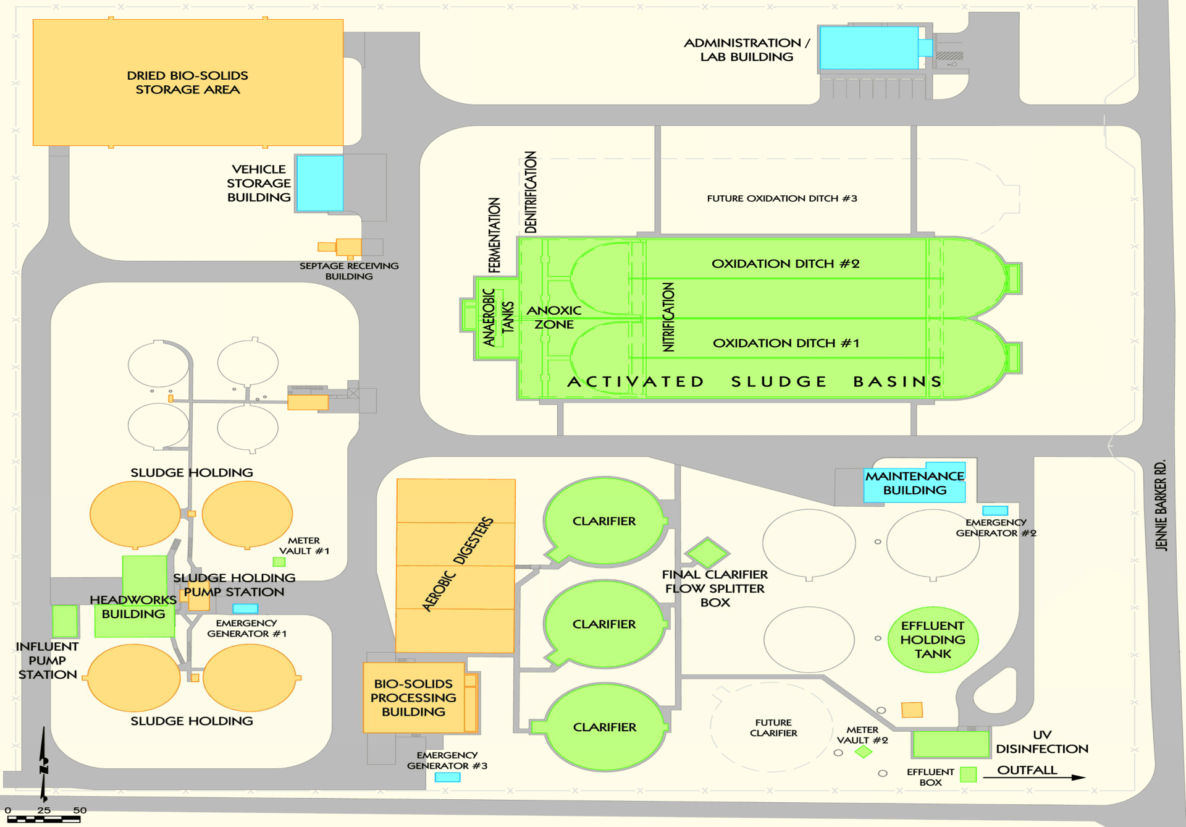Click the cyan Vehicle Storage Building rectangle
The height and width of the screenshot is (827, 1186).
click(x=319, y=183)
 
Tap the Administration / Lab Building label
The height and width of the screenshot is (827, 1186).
click(x=746, y=49)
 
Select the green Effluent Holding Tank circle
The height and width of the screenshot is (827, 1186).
click(x=932, y=639)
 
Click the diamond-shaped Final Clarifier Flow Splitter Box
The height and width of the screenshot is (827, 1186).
click(x=707, y=552)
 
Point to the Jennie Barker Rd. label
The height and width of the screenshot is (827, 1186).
click(x=1161, y=505)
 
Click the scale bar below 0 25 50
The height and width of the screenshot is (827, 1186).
click(x=43, y=820)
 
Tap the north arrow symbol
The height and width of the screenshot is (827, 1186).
click(x=44, y=766)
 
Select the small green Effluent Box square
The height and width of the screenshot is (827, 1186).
click(x=968, y=774)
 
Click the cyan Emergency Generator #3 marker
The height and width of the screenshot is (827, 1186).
click(x=447, y=778)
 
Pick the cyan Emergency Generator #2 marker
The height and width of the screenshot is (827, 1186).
click(x=995, y=511)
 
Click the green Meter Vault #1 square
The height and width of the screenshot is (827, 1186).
click(x=279, y=562)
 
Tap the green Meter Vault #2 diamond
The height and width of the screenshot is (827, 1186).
click(x=863, y=752)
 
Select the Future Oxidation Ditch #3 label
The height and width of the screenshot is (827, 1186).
click(x=781, y=198)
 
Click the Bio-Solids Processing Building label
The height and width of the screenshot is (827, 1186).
click(x=413, y=698)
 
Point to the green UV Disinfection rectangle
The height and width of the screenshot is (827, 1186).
click(x=951, y=744)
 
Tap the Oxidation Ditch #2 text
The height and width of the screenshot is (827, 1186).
click(x=785, y=264)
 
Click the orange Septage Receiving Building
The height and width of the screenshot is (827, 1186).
click(x=348, y=247)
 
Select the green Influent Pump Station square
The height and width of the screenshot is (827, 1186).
click(x=65, y=621)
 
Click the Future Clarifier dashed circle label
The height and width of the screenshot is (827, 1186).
click(x=773, y=727)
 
